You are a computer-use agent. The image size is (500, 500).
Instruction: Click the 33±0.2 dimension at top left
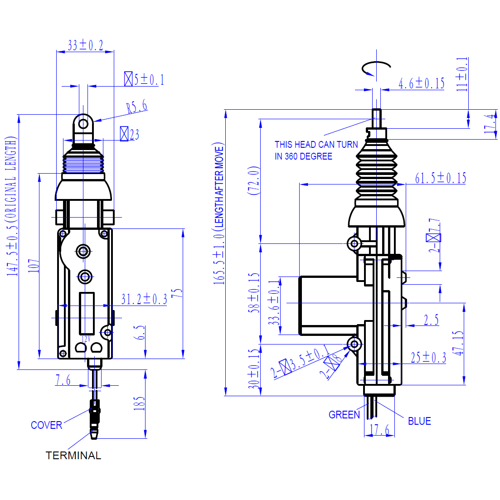pos(85,45)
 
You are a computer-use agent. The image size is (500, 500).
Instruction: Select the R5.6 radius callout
pos(137,107)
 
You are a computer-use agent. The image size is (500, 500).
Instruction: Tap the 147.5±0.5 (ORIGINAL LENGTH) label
pos(12,206)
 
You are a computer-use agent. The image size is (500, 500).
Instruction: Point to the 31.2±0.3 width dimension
pos(144,299)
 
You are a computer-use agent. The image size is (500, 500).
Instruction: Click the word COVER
pos(46,425)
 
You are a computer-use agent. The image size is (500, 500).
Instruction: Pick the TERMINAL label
pos(73,456)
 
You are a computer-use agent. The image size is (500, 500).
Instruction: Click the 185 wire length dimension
pos(139,403)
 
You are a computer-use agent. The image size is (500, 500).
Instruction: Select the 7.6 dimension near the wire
pos(63,380)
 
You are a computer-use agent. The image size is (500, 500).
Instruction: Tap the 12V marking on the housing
pos(86,339)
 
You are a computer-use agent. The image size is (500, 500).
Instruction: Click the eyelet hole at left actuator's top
pos(83,123)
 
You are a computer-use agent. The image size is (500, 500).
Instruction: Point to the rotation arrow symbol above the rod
pos(375,68)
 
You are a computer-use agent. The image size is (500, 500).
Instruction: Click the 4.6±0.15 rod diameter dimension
pos(421,83)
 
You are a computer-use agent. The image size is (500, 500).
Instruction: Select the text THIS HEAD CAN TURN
pos(316,145)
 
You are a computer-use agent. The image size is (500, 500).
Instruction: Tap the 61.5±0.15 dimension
pos(440,178)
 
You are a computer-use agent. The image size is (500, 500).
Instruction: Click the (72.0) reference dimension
pos(254,180)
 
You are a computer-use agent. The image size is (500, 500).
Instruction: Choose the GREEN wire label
pos(344,415)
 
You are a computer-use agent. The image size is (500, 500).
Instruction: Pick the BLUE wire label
pos(419,421)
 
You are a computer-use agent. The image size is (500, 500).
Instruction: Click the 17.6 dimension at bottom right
pos(379,430)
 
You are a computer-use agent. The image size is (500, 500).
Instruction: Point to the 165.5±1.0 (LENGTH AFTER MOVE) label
pos(219,213)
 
